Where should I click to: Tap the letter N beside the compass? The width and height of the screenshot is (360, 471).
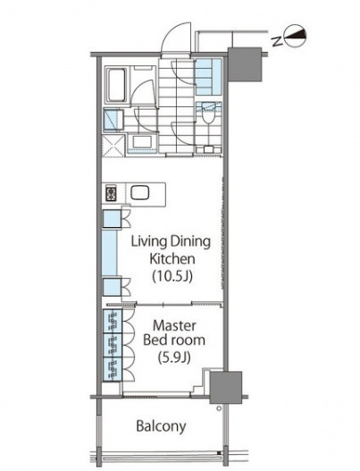277,41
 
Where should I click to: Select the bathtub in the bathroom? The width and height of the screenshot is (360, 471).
116,85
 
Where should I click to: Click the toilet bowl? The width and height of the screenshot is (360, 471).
208,114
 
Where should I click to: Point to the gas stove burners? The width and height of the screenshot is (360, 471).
111,194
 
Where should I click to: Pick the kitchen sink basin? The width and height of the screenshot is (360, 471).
140,193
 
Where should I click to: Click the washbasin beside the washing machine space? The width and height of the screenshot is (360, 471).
142,142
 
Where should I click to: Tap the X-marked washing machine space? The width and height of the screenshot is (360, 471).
113,146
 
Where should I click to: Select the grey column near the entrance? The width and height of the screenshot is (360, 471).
245,64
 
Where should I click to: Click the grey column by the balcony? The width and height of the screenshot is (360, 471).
225,387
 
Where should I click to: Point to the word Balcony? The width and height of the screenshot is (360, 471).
161,426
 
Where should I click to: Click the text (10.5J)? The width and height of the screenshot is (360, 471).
172,276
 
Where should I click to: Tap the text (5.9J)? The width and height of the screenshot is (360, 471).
174,357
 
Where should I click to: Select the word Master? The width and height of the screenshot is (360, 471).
174,325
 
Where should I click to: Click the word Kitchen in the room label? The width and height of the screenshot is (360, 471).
172,259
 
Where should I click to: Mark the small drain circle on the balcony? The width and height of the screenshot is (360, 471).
219,408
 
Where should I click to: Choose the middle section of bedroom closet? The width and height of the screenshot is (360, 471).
113,345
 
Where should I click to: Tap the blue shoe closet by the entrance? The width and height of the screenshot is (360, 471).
208,76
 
